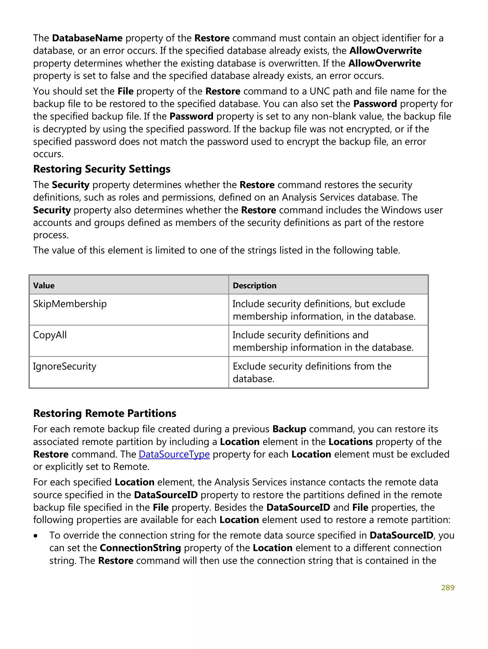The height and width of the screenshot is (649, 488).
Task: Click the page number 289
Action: (447, 588)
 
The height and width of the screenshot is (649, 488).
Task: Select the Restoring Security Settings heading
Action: (102, 169)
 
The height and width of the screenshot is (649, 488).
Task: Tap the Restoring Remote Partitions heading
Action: (105, 413)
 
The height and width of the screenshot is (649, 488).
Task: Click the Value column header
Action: (44, 285)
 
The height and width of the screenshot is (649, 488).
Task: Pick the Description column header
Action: (254, 285)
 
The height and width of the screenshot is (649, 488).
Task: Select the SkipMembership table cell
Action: (70, 304)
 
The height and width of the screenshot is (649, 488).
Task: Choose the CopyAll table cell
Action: (50, 335)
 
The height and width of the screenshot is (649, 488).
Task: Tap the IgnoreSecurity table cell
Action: (65, 366)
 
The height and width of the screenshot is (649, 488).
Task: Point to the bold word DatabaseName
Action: (87, 38)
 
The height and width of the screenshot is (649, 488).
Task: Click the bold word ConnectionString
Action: (140, 548)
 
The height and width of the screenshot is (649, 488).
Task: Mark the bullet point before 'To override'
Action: (36, 536)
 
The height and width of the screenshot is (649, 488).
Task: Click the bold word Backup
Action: (289, 429)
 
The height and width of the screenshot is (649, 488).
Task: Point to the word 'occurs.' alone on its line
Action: (48, 154)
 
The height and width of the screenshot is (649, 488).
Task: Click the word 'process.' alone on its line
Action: (51, 235)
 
